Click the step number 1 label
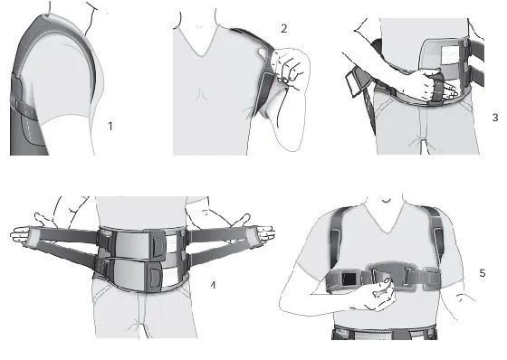[110, 126]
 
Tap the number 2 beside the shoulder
[283, 29]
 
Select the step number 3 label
[495, 117]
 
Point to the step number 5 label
[482, 273]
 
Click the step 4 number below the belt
[213, 285]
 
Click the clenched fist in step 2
[288, 67]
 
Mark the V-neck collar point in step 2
[202, 55]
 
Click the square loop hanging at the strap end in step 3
[353, 84]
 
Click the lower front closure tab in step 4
[155, 277]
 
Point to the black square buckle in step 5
[349, 279]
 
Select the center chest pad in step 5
[390, 271]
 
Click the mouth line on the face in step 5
[387, 201]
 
